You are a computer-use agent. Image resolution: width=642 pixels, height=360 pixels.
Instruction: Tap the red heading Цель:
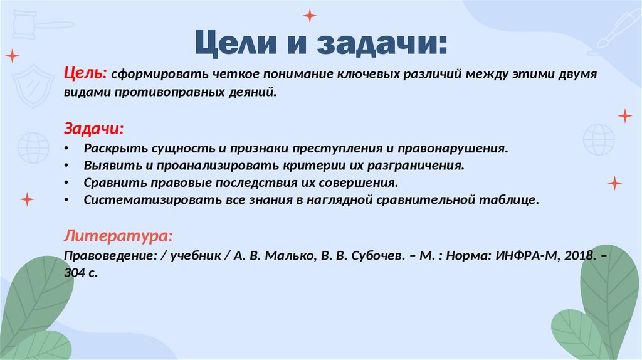click(86, 74)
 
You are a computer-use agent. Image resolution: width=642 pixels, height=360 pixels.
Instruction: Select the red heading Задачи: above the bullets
click(94, 129)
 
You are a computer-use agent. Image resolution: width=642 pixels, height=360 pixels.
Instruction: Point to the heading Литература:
click(118, 236)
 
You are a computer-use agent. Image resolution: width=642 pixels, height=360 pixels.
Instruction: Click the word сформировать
click(160, 75)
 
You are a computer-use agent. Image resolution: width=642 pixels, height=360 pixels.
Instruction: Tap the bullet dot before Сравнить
click(67, 184)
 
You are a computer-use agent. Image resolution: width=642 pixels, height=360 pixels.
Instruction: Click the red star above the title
click(310, 15)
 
